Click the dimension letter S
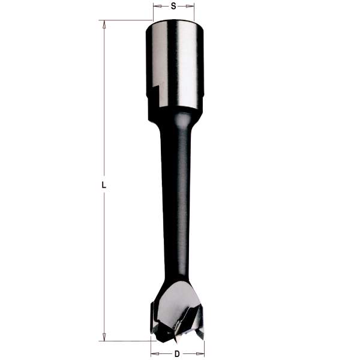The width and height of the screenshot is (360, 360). pos(173,6)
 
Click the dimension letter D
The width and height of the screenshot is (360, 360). pos(177,354)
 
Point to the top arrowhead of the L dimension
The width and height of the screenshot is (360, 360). pos(104,25)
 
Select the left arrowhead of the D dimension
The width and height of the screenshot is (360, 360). pos(153,354)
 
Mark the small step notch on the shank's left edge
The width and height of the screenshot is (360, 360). pos(154,91)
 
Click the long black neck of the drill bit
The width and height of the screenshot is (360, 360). pos(176,192)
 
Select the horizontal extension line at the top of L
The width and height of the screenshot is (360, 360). pos(126,20)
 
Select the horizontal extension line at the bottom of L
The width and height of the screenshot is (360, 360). pos(126,340)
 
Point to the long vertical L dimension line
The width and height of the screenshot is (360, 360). pos(104,120)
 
